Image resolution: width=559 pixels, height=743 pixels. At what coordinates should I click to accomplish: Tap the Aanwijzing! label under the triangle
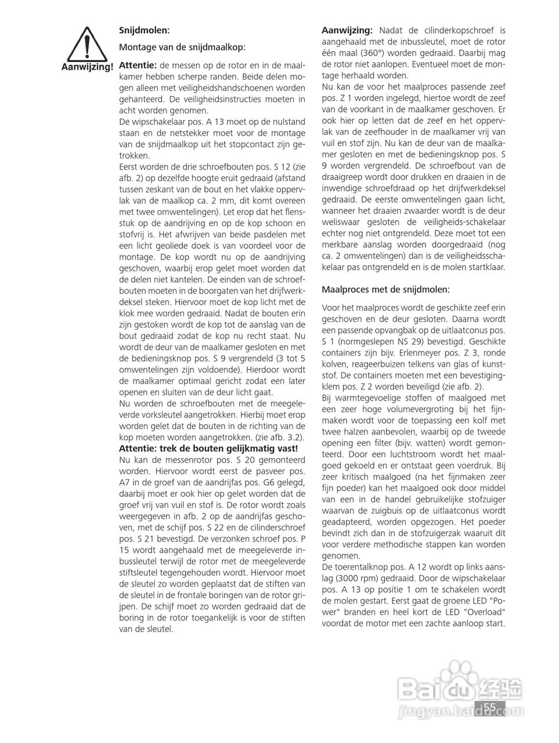coord(87,67)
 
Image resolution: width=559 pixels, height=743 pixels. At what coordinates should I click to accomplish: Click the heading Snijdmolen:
coord(145,30)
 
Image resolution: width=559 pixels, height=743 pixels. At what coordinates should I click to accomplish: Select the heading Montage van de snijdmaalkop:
coord(182,46)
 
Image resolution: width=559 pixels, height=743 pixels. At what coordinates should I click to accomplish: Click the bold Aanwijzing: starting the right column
coord(347,30)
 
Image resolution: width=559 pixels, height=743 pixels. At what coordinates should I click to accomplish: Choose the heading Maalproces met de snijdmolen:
coord(385,288)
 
